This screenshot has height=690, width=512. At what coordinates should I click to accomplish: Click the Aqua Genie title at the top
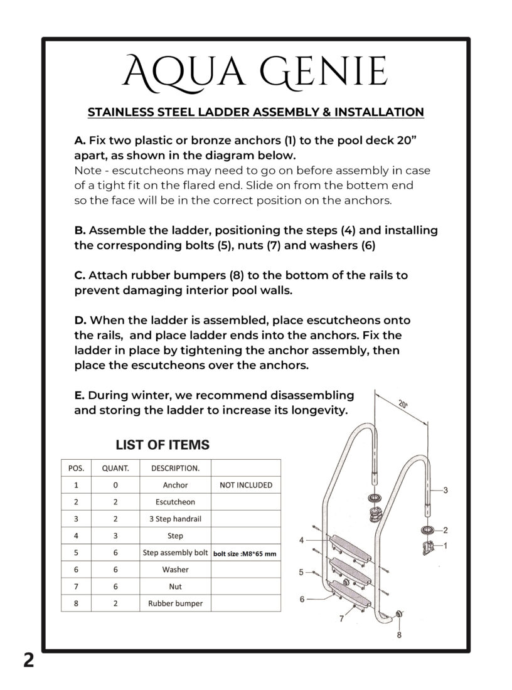(255, 72)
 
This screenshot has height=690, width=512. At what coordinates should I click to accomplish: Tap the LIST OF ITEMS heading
(163, 445)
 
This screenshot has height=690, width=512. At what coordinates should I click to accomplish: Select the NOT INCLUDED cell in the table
(245, 485)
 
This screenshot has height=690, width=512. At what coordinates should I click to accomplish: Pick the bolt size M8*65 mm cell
(245, 553)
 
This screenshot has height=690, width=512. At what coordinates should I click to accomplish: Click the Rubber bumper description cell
(175, 604)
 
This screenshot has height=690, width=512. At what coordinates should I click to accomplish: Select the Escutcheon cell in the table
(175, 502)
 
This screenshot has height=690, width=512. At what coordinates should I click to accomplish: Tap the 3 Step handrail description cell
(175, 519)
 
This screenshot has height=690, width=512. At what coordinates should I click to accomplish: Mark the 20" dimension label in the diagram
(402, 405)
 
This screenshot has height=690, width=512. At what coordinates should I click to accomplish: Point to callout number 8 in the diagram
(399, 634)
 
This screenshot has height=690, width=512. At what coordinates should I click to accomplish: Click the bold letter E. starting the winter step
(80, 396)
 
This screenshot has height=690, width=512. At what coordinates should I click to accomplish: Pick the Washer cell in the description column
(175, 570)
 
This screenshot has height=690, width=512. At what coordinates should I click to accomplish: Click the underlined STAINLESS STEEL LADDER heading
(255, 112)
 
